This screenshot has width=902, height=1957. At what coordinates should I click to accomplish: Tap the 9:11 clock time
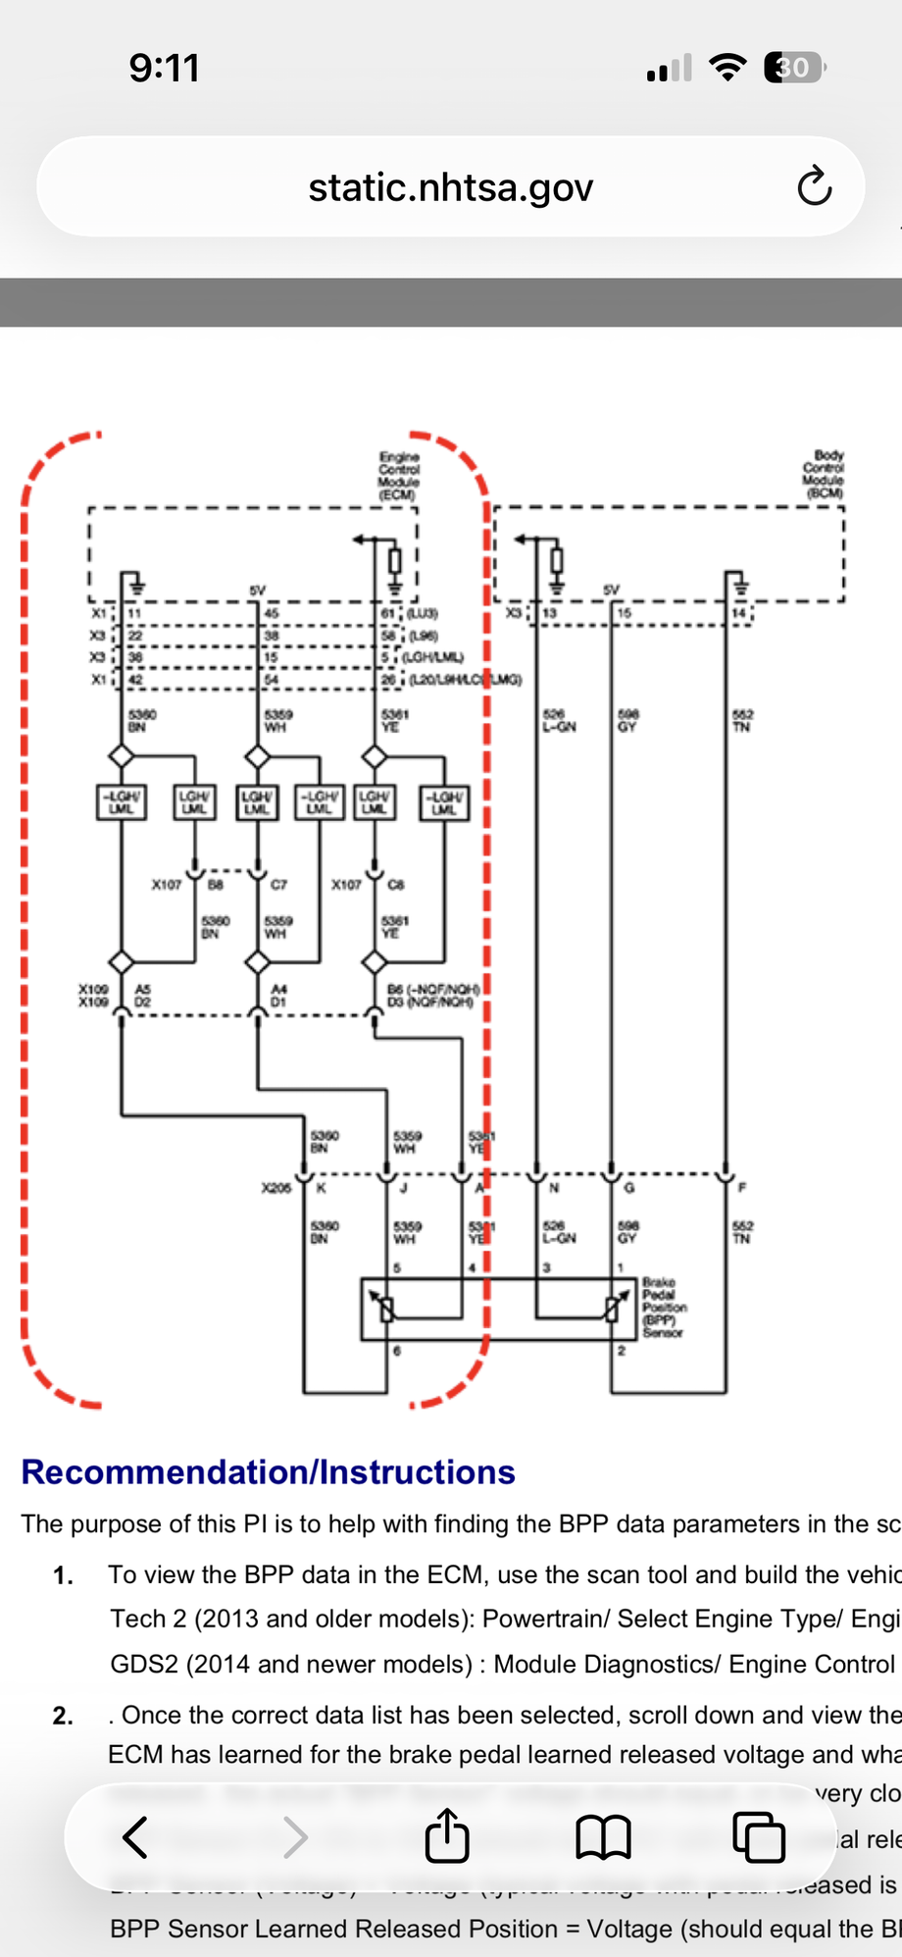click(165, 69)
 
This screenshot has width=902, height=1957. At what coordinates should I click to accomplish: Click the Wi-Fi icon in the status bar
click(727, 68)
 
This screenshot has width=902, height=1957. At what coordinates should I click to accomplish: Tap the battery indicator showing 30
click(794, 68)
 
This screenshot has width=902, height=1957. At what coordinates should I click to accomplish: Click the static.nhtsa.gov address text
click(450, 187)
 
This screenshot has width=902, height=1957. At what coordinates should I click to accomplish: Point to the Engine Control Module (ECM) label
click(399, 476)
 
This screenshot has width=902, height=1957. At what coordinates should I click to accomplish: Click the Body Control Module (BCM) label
click(824, 474)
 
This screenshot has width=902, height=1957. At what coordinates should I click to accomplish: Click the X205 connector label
click(276, 1188)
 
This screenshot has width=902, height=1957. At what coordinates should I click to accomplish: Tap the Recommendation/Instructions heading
click(268, 1471)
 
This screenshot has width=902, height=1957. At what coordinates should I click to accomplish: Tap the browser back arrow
click(135, 1836)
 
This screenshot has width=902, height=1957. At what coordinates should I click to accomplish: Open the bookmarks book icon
click(602, 1836)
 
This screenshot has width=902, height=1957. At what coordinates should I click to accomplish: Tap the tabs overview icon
click(758, 1836)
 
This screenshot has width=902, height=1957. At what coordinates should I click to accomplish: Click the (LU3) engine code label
click(423, 613)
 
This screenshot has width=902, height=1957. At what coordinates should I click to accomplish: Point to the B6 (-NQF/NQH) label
click(433, 989)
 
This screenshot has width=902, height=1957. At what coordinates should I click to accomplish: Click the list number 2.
click(63, 1716)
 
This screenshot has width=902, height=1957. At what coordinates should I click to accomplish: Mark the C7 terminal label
click(278, 884)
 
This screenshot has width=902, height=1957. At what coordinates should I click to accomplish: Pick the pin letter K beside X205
click(321, 1188)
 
